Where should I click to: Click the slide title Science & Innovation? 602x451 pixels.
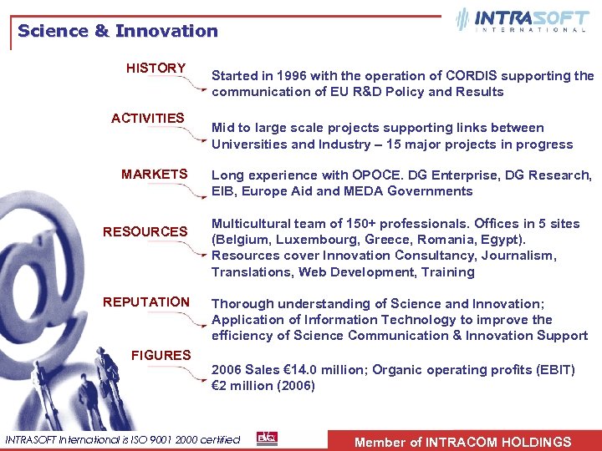pyautogui.click(x=117, y=32)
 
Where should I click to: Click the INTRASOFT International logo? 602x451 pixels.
pyautogui.click(x=522, y=20)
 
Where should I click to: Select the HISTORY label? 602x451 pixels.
pyautogui.click(x=156, y=68)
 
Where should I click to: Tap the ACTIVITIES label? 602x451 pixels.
pyautogui.click(x=148, y=119)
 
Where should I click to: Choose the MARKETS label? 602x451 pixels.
pyautogui.click(x=154, y=175)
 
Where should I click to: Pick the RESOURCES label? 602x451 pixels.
pyautogui.click(x=145, y=232)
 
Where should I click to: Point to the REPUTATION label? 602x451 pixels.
pyautogui.click(x=146, y=302)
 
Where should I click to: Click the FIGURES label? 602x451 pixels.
pyautogui.click(x=161, y=356)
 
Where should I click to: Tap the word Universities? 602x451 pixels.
pyautogui.click(x=249, y=144)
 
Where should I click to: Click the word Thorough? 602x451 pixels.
pyautogui.click(x=242, y=304)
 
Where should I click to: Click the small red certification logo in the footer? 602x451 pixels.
pyautogui.click(x=267, y=438)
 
